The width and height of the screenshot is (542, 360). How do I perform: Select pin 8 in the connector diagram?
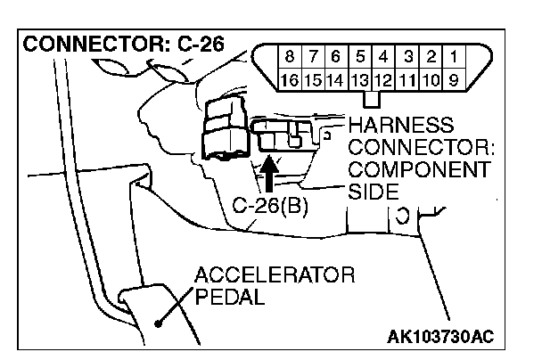pos(290,58)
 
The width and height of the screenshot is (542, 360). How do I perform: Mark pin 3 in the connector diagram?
pos(408,58)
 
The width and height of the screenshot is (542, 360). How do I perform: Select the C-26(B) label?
pos(272,205)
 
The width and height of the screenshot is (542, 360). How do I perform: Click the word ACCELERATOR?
pos(275,274)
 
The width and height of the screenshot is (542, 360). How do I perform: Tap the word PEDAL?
pos(230,296)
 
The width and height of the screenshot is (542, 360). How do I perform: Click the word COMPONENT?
pos(420,168)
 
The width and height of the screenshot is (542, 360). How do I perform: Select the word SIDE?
pos(374,191)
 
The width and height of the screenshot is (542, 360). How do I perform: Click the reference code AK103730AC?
pos(440,336)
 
